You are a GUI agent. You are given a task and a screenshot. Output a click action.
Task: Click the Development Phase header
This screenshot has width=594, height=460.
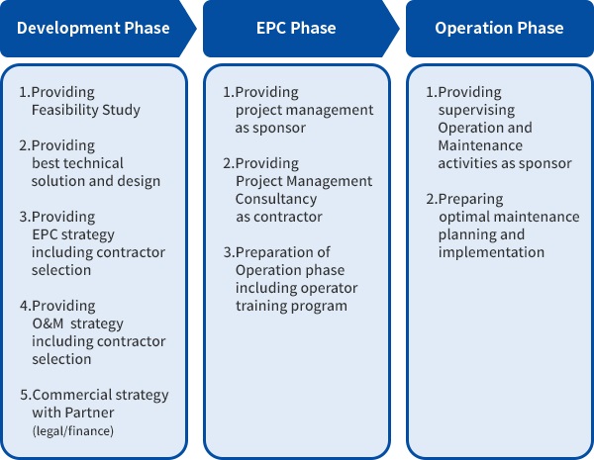(94, 28)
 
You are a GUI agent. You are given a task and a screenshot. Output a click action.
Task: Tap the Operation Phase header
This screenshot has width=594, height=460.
(499, 28)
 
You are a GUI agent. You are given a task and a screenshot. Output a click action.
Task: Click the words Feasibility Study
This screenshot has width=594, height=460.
(86, 109)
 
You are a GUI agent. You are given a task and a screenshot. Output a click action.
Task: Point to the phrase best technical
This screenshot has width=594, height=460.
(78, 163)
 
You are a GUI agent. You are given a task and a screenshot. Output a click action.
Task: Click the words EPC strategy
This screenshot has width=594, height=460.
(73, 234)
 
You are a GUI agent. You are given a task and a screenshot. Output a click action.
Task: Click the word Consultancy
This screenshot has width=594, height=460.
(277, 199)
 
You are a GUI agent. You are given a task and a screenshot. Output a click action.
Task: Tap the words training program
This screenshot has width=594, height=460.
(291, 306)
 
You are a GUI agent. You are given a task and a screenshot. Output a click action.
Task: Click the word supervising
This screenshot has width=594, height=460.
(477, 110)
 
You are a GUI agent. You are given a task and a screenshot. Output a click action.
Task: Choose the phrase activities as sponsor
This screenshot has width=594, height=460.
(505, 163)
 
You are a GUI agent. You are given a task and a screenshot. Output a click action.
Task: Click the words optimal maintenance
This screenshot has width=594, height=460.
(509, 217)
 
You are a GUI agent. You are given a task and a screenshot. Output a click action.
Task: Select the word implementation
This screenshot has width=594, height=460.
(491, 252)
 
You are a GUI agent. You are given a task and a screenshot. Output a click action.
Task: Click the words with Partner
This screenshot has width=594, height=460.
(73, 413)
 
